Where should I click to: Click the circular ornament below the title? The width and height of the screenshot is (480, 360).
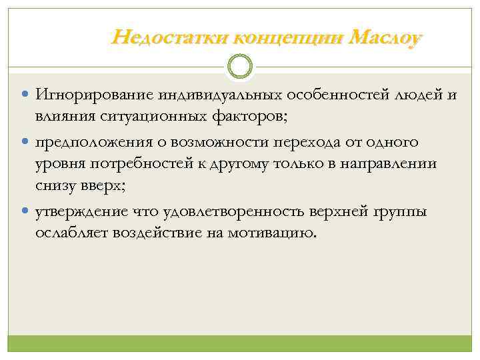(240, 67)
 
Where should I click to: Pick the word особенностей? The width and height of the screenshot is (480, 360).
(309, 96)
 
